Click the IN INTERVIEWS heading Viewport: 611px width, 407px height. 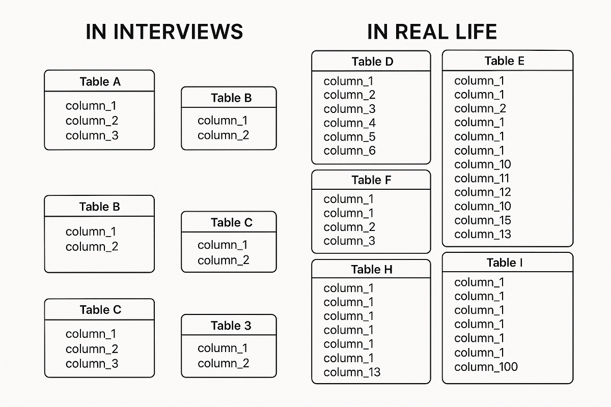[164, 32]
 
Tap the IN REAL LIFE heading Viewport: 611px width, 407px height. [432, 32]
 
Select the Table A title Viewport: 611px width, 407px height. [100, 81]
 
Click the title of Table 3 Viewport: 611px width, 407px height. [231, 326]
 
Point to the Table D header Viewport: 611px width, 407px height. [372, 62]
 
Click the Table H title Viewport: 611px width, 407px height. [372, 270]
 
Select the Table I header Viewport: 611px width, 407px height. [504, 263]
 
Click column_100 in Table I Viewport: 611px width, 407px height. [486, 367]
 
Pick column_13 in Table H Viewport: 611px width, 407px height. [352, 372]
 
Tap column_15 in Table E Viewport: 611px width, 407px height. [482, 220]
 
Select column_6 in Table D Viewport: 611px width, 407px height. [349, 151]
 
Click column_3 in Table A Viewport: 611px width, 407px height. [92, 136]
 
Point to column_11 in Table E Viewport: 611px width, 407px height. [481, 179]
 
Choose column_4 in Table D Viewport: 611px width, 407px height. [349, 123]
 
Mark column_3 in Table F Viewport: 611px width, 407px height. [349, 241]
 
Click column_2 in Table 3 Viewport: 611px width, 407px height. [223, 363]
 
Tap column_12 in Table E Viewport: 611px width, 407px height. [482, 192]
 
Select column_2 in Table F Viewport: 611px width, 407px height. [349, 227]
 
